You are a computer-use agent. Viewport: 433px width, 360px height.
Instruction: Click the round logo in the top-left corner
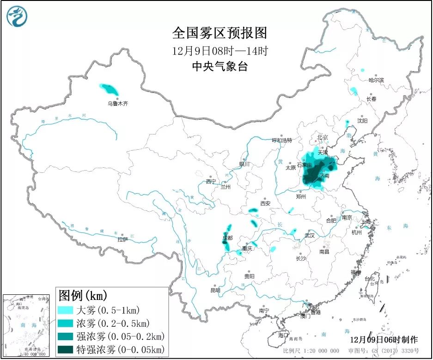coord(17,16)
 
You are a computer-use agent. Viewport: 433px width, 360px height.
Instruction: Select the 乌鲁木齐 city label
coord(117,104)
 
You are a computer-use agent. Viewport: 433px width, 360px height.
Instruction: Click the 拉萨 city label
coord(122,239)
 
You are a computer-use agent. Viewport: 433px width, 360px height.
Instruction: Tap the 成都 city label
coord(227,238)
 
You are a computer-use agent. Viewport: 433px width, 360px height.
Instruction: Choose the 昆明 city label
coord(215,290)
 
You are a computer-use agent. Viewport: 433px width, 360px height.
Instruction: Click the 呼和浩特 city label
coord(282,140)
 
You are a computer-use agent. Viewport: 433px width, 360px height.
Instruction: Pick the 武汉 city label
coord(310,235)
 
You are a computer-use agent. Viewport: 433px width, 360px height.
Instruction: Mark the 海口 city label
coord(282,335)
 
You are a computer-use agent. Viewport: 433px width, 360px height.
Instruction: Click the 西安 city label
coord(265,203)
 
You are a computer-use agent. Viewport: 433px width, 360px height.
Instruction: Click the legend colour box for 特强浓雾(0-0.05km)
coord(66,349)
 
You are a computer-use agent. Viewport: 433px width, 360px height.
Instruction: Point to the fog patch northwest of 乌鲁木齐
coord(110,88)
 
